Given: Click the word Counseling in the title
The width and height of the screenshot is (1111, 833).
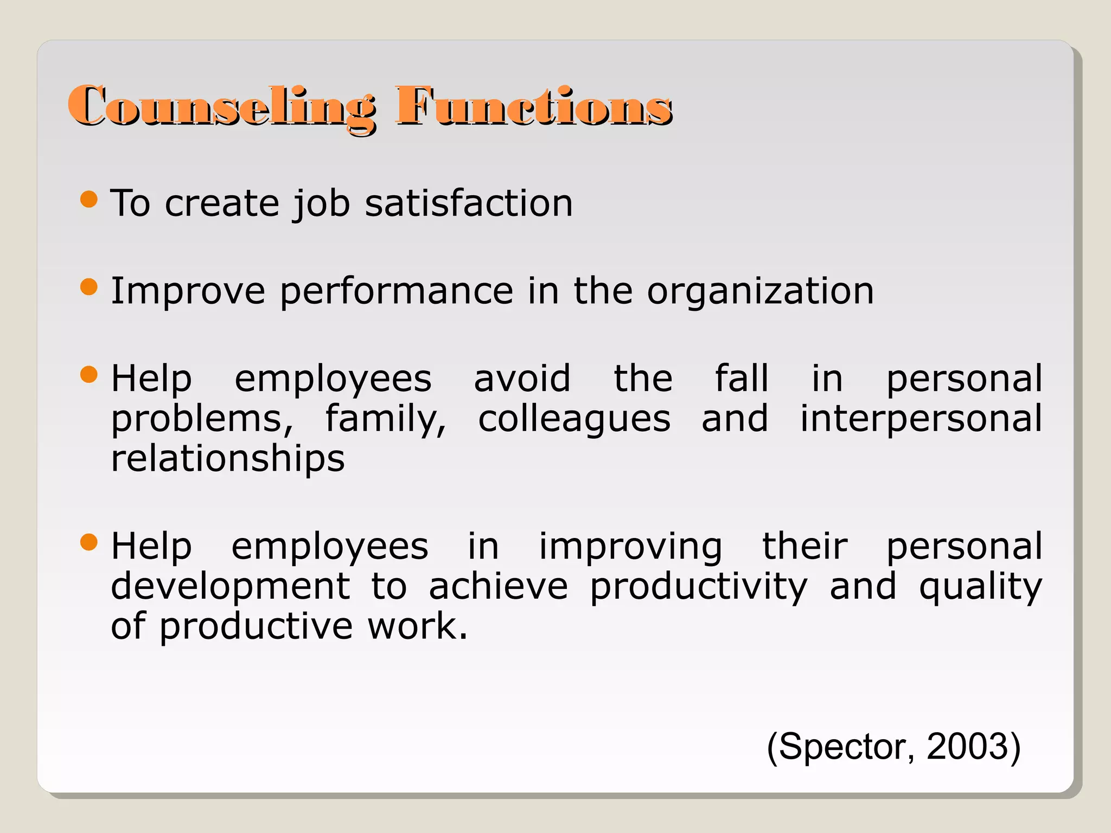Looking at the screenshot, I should tap(221, 106).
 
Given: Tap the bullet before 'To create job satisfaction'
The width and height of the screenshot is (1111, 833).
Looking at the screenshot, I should tap(88, 199).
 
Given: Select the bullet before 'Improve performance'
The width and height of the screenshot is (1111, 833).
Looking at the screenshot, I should tap(88, 287).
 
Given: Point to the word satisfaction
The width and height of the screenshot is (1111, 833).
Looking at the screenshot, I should tap(469, 203).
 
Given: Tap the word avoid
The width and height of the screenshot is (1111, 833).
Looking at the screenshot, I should tap(522, 378).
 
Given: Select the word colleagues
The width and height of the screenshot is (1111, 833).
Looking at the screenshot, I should tap(574, 420).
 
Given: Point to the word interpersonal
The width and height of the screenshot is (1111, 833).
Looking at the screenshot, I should tap(921, 419).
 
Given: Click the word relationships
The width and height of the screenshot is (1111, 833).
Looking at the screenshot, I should tap(228, 459).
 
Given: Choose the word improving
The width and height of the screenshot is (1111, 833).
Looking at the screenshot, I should tap(630, 546).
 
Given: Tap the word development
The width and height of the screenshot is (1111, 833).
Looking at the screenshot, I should tap(231, 587).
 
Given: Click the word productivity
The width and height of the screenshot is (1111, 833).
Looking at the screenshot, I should tap(699, 587).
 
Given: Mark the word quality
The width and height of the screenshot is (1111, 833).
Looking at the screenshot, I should tap(980, 587).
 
